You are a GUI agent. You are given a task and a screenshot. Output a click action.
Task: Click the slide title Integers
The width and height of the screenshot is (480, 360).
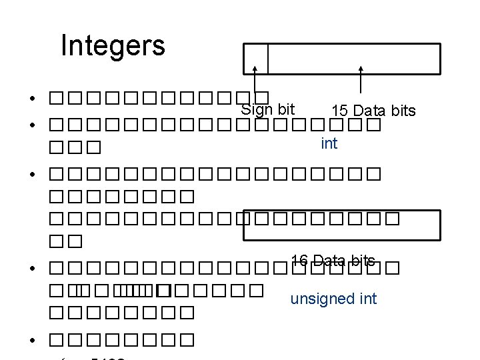112,46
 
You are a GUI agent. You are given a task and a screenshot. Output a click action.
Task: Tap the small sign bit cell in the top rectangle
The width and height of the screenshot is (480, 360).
255,58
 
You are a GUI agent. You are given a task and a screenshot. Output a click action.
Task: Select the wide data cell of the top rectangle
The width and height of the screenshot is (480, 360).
353,58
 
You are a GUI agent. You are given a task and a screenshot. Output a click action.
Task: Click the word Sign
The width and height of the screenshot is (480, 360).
254,109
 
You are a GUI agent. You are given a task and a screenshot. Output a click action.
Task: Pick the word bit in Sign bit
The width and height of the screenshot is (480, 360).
283,108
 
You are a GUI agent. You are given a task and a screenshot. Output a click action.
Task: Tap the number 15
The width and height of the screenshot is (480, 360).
339,110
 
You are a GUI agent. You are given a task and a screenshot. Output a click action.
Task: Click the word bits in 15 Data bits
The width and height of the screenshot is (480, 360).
403,110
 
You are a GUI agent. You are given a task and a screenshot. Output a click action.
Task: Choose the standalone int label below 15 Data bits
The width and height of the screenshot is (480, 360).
329,143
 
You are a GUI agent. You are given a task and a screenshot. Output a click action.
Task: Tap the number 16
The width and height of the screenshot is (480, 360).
299,260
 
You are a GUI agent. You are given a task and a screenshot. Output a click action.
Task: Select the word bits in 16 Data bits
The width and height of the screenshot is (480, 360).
361,260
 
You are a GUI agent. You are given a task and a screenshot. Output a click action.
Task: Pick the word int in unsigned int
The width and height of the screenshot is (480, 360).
367,298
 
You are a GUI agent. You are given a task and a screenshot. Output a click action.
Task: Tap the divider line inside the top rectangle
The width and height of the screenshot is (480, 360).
268,58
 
